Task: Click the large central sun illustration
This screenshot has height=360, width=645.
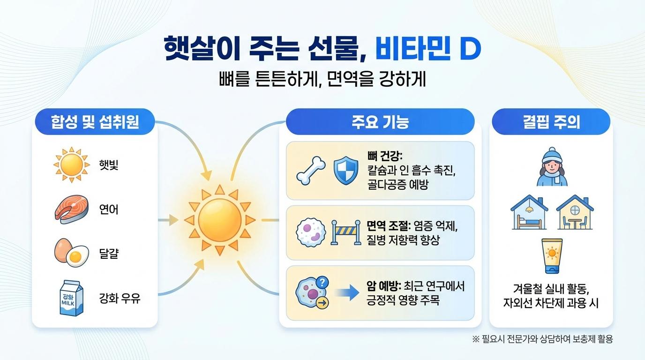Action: coord(220,219)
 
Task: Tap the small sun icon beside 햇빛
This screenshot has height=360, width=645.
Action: coord(71,165)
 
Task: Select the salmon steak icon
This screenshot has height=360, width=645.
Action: coord(71,209)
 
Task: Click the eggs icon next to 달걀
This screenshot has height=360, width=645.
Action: coord(71,253)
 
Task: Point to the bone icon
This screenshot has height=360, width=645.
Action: coord(311,171)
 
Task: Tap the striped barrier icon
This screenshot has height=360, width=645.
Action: coord(345,232)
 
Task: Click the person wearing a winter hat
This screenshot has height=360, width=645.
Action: coord(551,167)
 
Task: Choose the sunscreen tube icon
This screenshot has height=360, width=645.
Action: coord(551,255)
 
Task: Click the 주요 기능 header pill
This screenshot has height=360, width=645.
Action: coord(380,122)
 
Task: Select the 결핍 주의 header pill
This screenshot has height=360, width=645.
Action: coord(551,122)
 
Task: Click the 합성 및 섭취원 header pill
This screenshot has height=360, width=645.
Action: coord(95,122)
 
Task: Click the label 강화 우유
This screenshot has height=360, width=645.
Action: coord(120,298)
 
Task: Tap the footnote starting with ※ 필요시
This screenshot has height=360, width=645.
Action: coord(542,339)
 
